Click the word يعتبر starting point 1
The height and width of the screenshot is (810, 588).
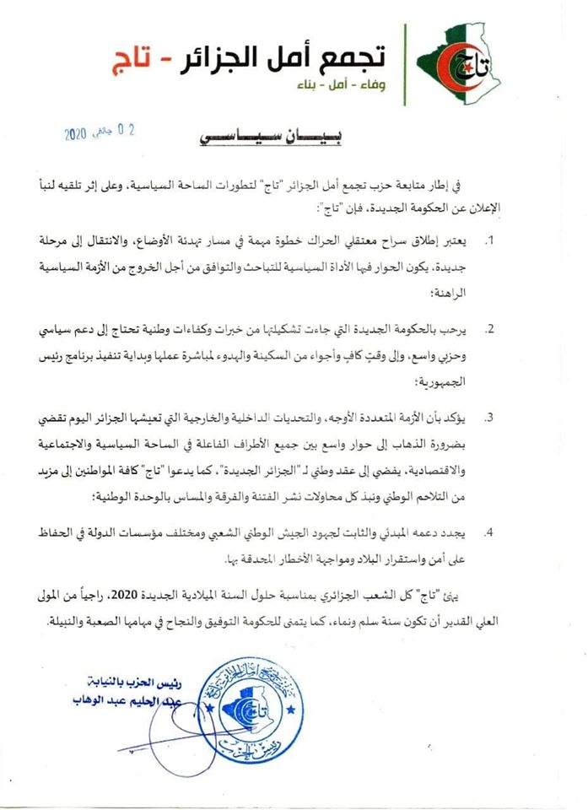click(461, 240)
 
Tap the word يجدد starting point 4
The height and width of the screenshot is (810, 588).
click(461, 533)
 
